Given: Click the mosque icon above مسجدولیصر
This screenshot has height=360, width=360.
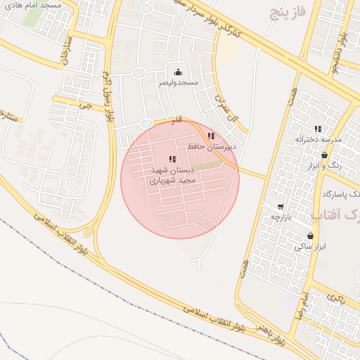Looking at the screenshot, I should point(178,71).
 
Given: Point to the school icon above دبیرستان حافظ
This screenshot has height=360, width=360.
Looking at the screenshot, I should point(211,136).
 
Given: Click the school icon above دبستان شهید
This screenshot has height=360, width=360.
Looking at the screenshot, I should point(173,160).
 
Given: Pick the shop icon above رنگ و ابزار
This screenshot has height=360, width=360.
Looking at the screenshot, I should point(324,155).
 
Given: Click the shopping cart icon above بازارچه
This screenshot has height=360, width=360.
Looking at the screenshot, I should point(281,207).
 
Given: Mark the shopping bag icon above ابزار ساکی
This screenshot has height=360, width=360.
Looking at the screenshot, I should point(310,236).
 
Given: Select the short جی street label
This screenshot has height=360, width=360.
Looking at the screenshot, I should point(85,106).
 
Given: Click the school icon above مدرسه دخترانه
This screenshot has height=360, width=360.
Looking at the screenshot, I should point(318,129).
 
